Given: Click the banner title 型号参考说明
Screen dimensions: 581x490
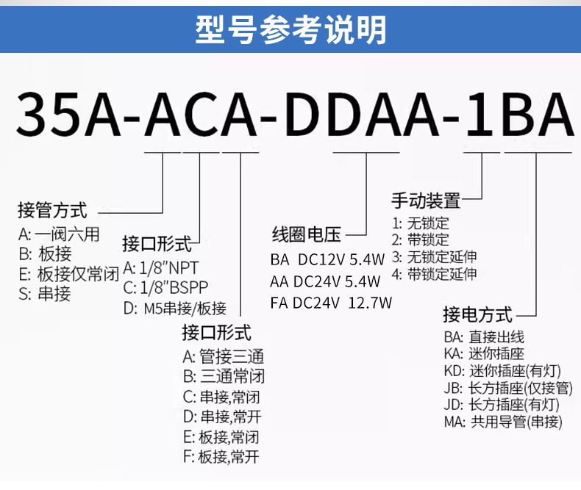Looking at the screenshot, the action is [290, 30].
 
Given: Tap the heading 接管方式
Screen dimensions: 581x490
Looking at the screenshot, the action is [52, 211].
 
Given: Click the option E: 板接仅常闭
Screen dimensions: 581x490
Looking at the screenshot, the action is [68, 275].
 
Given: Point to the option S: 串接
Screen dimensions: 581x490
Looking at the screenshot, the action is [45, 295].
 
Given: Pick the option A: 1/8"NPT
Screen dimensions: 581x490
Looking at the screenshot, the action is [160, 267].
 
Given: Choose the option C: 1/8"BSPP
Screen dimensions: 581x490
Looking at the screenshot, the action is [165, 287].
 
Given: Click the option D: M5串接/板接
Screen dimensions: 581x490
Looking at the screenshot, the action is [174, 308].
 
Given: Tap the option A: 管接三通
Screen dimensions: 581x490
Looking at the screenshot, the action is [223, 357].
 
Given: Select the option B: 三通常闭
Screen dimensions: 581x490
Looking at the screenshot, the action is [223, 377].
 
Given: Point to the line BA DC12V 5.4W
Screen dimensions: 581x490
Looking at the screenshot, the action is [327, 259].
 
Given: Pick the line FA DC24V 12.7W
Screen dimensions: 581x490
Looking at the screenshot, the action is [331, 303].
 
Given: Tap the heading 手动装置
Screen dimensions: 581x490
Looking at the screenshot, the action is [425, 199].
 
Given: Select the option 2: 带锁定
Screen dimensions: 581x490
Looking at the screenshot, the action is [420, 239].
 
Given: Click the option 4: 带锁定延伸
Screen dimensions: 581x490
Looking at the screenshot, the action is [434, 275].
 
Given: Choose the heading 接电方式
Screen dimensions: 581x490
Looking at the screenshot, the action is [477, 315].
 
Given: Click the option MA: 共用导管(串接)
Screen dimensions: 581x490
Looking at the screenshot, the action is [503, 422].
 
